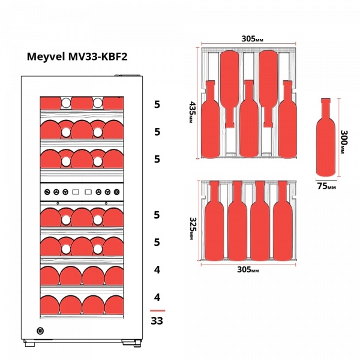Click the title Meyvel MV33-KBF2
tap(77, 56)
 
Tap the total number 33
tap(157, 321)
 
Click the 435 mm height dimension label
tap(192, 112)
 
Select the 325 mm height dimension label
tap(193, 229)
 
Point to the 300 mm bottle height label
tap(344, 142)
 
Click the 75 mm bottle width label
tap(326, 186)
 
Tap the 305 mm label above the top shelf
tap(253, 39)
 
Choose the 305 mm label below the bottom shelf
tap(248, 269)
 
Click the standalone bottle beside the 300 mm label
tap(326, 137)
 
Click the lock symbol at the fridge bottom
tap(40, 331)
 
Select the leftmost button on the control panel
tap(47, 192)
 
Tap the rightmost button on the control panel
tap(116, 192)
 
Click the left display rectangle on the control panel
tap(76, 192)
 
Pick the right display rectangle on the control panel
tap(88, 192)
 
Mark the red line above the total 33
tap(157, 311)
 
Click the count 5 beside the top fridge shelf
tap(157, 104)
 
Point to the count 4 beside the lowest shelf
tap(157, 298)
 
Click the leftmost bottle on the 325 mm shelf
tap(214, 221)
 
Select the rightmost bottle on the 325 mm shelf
tap(283, 221)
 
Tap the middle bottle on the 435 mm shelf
tap(249, 119)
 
